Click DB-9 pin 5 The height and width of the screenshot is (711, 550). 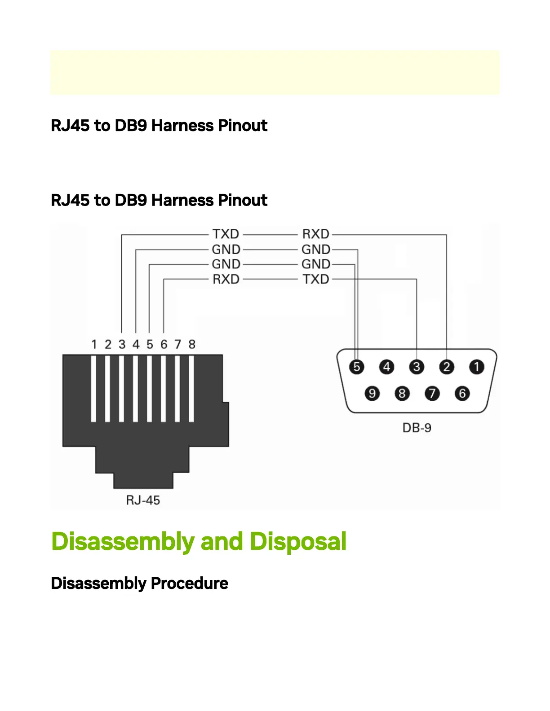coord(356,367)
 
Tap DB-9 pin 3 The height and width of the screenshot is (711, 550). coord(417,367)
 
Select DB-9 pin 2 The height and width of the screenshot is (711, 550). coord(447,367)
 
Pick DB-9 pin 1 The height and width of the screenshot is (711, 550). coord(477,367)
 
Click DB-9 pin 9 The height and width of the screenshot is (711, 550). coord(372,394)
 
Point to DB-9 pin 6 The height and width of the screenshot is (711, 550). coord(462,394)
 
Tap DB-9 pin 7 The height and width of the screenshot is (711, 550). coord(432,394)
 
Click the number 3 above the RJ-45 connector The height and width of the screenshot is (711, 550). coord(122,344)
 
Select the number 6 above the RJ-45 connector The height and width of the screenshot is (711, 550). coord(164,344)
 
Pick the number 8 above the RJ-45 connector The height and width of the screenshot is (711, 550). coord(192,344)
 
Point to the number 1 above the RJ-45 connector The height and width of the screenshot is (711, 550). coord(94,344)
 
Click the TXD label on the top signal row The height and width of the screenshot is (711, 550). coord(226,234)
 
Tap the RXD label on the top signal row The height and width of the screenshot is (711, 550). coord(316,234)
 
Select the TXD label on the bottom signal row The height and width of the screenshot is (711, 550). coord(316,279)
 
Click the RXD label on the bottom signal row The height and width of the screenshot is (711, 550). coord(226,279)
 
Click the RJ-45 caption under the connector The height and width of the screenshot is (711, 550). coord(143,500)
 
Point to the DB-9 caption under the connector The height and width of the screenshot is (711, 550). coord(417,428)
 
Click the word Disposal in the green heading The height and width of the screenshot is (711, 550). coord(298,541)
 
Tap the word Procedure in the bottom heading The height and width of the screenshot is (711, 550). coord(189,584)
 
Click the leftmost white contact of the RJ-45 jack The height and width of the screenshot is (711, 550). coord(93,389)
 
